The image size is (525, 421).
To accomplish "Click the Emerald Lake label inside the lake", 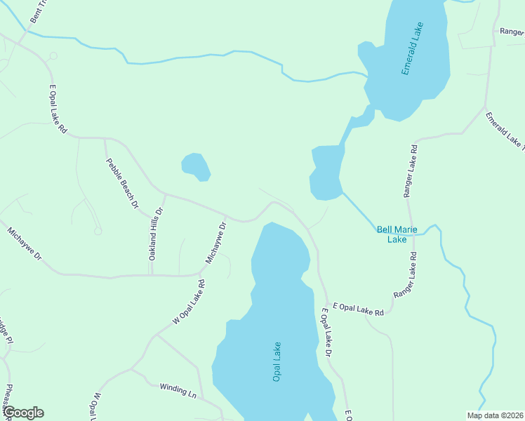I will click(x=413, y=50).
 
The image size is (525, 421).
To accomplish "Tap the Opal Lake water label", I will click(x=277, y=361).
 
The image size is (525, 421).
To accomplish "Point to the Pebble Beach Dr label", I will click(x=122, y=183).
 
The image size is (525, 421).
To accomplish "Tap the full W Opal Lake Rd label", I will click(x=190, y=302).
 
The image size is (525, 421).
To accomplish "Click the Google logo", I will click(x=22, y=413).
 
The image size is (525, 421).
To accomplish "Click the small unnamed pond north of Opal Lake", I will click(x=197, y=166).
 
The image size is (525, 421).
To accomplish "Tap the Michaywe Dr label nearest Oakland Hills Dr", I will click(x=216, y=243).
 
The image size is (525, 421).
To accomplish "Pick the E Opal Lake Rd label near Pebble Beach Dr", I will click(x=58, y=109).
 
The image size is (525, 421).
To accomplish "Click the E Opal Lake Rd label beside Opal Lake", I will click(x=358, y=309).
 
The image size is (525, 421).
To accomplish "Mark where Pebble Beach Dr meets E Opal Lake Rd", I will click(x=105, y=139).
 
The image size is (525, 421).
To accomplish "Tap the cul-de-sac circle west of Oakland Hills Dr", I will click(x=98, y=231).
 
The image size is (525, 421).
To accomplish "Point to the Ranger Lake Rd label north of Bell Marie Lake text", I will click(x=410, y=171).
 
